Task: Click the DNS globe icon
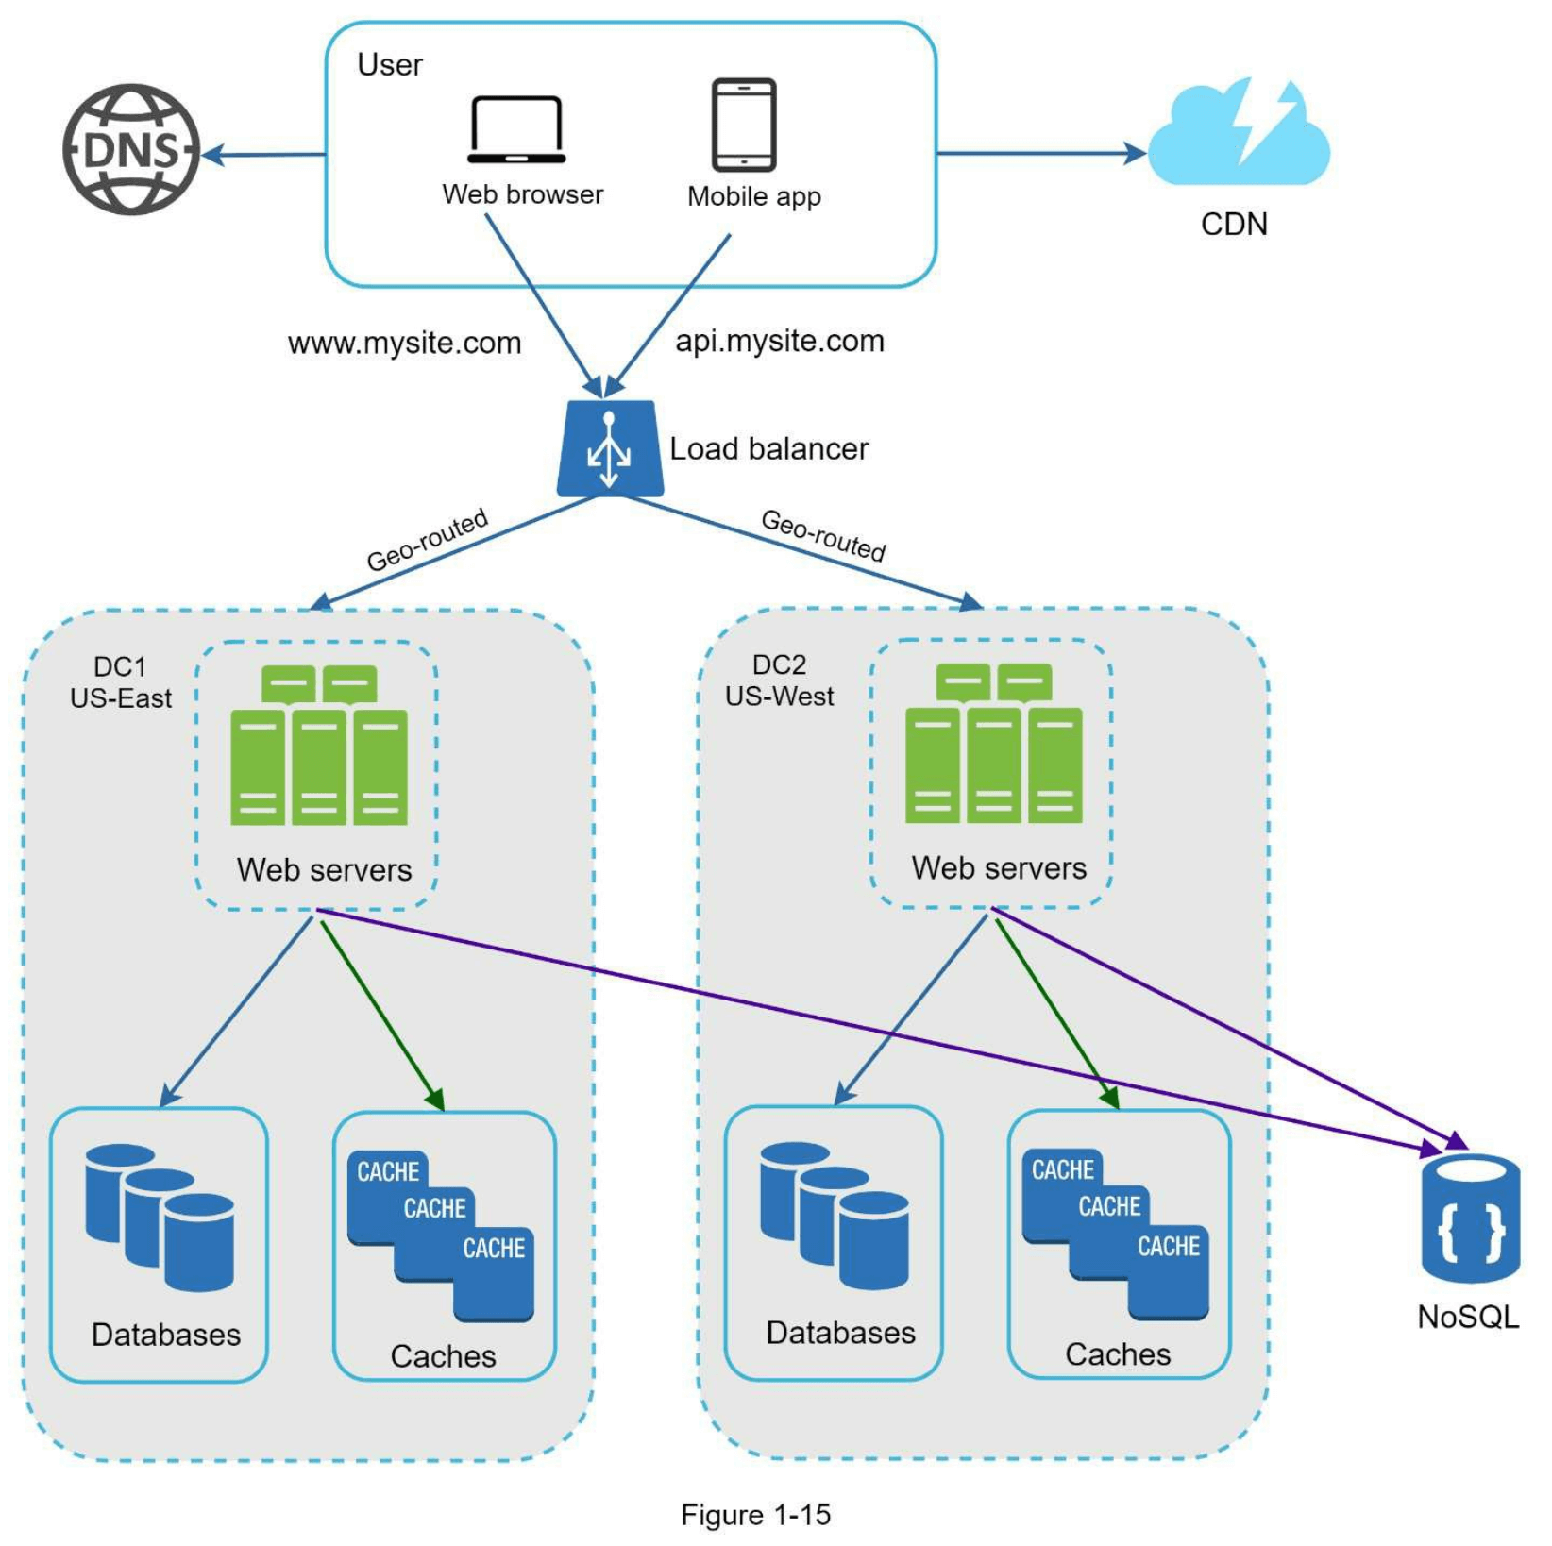coord(131,149)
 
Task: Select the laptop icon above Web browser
coord(516,130)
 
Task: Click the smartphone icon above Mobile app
coord(744,125)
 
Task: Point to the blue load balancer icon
coord(610,448)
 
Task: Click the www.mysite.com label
coord(404,343)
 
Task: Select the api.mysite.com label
coord(780,341)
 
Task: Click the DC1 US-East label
coord(120,682)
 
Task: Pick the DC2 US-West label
coord(779,681)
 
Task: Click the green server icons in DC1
coord(319,746)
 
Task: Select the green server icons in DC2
coord(993,744)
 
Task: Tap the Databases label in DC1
coord(166,1335)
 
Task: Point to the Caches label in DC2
coord(1118,1354)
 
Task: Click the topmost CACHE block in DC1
coord(388,1171)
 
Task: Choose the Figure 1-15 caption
coord(755,1515)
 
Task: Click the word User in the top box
coord(390,65)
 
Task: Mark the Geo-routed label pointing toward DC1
coord(428,540)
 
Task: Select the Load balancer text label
coord(768,449)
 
